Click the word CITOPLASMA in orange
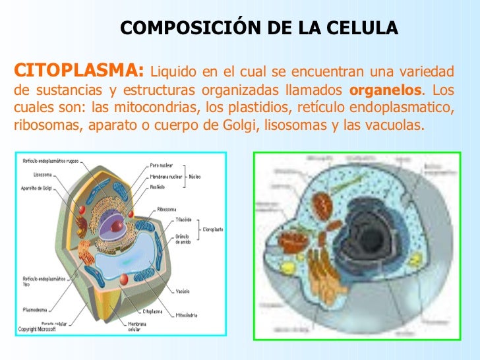pyautogui.click(x=78, y=70)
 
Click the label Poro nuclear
pyautogui.click(x=162, y=165)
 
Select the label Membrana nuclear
pyautogui.click(x=167, y=176)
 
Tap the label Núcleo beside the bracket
pyautogui.click(x=195, y=176)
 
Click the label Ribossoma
pyautogui.click(x=165, y=210)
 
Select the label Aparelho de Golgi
pyautogui.click(x=39, y=189)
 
